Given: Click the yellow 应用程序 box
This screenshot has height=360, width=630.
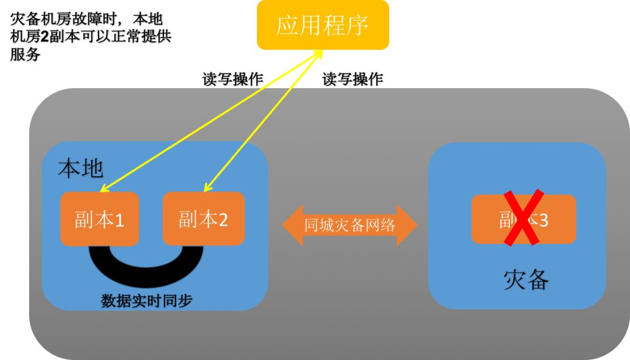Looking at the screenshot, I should pos(323,25).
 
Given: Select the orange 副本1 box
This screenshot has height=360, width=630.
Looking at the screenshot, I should pos(99,219).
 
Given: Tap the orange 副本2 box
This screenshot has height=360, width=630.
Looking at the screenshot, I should pos(203,219).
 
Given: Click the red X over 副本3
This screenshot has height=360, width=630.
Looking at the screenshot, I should pos(524,217).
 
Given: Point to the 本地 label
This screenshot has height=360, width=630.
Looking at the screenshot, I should pos(80,169).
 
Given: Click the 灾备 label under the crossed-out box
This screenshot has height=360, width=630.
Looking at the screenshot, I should pos(526,281).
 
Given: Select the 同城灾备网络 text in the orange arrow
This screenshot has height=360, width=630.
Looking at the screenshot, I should pos(349,225).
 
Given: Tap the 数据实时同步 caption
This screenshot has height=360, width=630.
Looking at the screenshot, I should pos(146,300).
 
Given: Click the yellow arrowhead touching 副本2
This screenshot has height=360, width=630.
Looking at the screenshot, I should pos(206,188).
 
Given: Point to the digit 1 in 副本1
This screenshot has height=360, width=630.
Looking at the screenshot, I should pos(119,220).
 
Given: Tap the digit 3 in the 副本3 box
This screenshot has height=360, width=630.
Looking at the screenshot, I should pos(543,220).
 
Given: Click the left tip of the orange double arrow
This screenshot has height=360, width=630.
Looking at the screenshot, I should pos(283,225).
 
